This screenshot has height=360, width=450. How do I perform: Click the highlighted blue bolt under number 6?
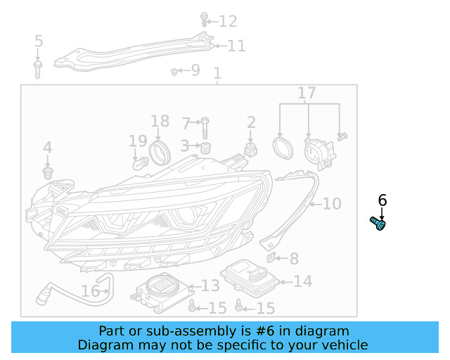click(378, 224)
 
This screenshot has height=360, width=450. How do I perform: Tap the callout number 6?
click(382, 200)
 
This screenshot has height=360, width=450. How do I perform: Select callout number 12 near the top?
click(229, 21)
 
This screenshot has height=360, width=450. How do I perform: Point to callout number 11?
click(236, 46)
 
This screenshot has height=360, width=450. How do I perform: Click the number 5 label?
click(39, 41)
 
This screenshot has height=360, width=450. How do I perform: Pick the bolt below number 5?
click(38, 68)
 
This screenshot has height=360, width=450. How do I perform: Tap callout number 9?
click(195, 70)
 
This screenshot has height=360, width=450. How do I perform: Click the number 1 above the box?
click(217, 74)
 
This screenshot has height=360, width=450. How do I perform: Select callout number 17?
click(307, 93)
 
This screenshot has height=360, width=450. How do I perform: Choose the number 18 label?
click(160, 121)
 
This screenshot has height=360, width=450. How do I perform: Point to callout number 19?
click(138, 141)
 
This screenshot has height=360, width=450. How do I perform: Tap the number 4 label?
click(47, 148)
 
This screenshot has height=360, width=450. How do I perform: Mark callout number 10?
click(331, 204)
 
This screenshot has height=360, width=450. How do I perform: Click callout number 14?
click(302, 281)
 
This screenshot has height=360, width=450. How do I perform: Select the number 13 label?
click(210, 285)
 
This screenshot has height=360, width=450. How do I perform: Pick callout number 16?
click(91, 291)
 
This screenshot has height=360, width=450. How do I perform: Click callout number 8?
click(294, 259)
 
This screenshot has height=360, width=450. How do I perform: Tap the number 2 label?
click(251, 123)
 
